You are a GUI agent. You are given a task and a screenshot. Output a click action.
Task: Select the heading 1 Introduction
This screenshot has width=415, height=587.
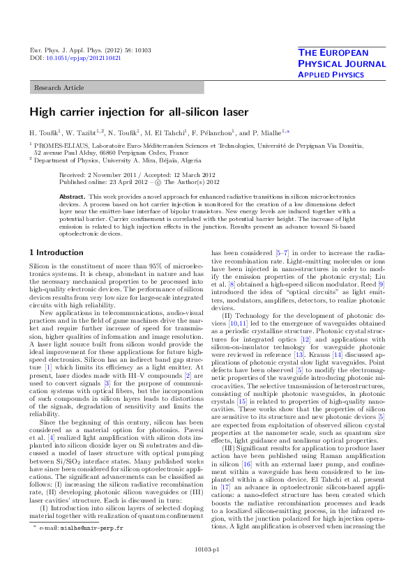56,252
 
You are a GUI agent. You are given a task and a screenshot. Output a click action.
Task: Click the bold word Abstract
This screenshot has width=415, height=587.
73,197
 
